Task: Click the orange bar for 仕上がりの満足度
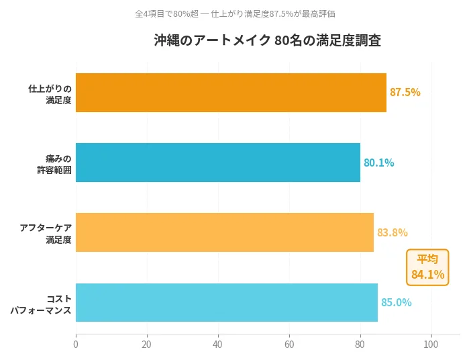231,93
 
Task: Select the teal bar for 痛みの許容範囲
218,163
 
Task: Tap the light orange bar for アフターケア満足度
225,232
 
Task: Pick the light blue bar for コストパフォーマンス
227,302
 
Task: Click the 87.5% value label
405,93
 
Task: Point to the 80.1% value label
378,163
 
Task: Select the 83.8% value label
392,232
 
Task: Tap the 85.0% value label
396,302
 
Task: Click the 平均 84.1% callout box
427,267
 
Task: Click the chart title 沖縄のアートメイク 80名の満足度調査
267,40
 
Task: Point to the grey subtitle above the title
235,13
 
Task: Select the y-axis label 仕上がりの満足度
50,94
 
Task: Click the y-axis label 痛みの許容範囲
54,164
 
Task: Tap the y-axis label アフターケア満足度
46,234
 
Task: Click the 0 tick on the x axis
76,345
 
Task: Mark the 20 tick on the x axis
146,345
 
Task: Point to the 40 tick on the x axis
217,345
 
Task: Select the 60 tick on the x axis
289,345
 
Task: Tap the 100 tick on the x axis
431,345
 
